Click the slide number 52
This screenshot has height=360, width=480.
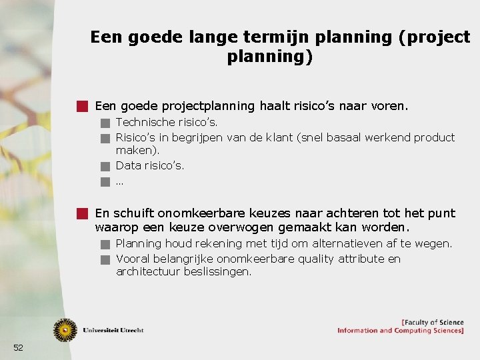click(x=18, y=347)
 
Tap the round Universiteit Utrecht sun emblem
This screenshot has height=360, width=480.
click(x=65, y=330)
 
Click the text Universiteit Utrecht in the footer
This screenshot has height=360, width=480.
click(x=113, y=330)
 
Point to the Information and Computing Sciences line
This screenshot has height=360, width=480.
click(x=400, y=331)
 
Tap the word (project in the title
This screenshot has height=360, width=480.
click(x=434, y=37)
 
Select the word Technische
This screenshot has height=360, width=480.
click(x=143, y=123)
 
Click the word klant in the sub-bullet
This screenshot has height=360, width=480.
click(x=283, y=138)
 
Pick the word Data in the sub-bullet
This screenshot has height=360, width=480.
click(x=129, y=165)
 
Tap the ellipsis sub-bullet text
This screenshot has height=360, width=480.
click(x=120, y=181)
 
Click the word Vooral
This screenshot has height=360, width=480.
click(x=133, y=259)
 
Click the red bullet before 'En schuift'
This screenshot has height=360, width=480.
click(x=82, y=213)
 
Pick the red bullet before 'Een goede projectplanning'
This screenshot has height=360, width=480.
click(x=82, y=106)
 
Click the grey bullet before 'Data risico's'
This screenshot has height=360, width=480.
click(x=104, y=166)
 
